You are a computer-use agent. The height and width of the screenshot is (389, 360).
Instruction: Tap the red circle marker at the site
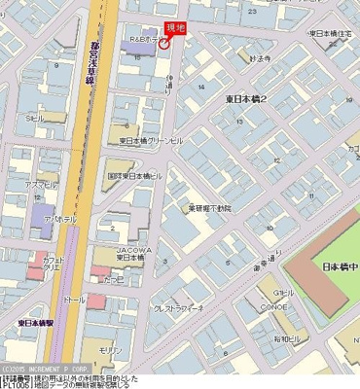tap(164, 44)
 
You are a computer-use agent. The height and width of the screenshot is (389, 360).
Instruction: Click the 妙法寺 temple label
tap(259, 58)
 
